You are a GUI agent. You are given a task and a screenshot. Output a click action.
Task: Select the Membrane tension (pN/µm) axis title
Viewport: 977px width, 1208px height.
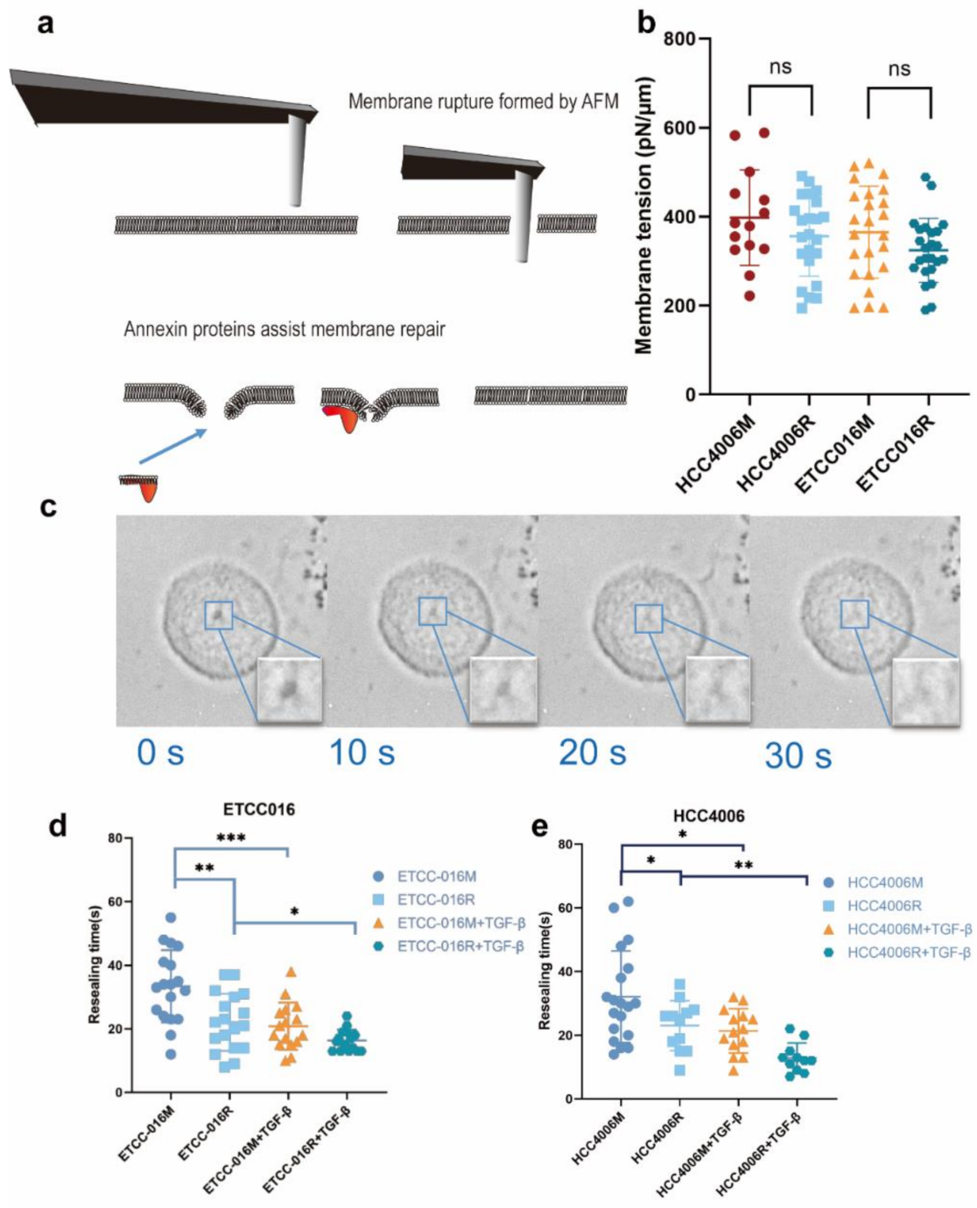coord(644,217)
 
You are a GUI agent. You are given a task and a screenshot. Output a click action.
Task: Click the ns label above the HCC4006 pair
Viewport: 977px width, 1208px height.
coord(779,67)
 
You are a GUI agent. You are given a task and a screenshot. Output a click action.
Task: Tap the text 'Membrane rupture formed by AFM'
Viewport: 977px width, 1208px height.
coord(483,102)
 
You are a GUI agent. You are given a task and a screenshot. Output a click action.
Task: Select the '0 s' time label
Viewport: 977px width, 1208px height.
coord(160,752)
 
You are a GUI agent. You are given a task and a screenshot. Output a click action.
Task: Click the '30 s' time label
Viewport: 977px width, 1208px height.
coord(797,755)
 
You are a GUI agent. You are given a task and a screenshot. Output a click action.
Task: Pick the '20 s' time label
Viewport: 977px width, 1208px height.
coord(592,752)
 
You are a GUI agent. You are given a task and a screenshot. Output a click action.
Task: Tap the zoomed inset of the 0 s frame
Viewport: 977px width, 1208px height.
coord(290,690)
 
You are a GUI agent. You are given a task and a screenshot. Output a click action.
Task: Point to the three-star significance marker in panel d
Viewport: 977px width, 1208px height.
coord(231,838)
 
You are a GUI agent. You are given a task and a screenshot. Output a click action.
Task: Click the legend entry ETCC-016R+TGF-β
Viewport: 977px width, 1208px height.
coord(460,946)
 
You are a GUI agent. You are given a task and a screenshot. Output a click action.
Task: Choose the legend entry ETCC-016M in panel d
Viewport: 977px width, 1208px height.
coord(437,876)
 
